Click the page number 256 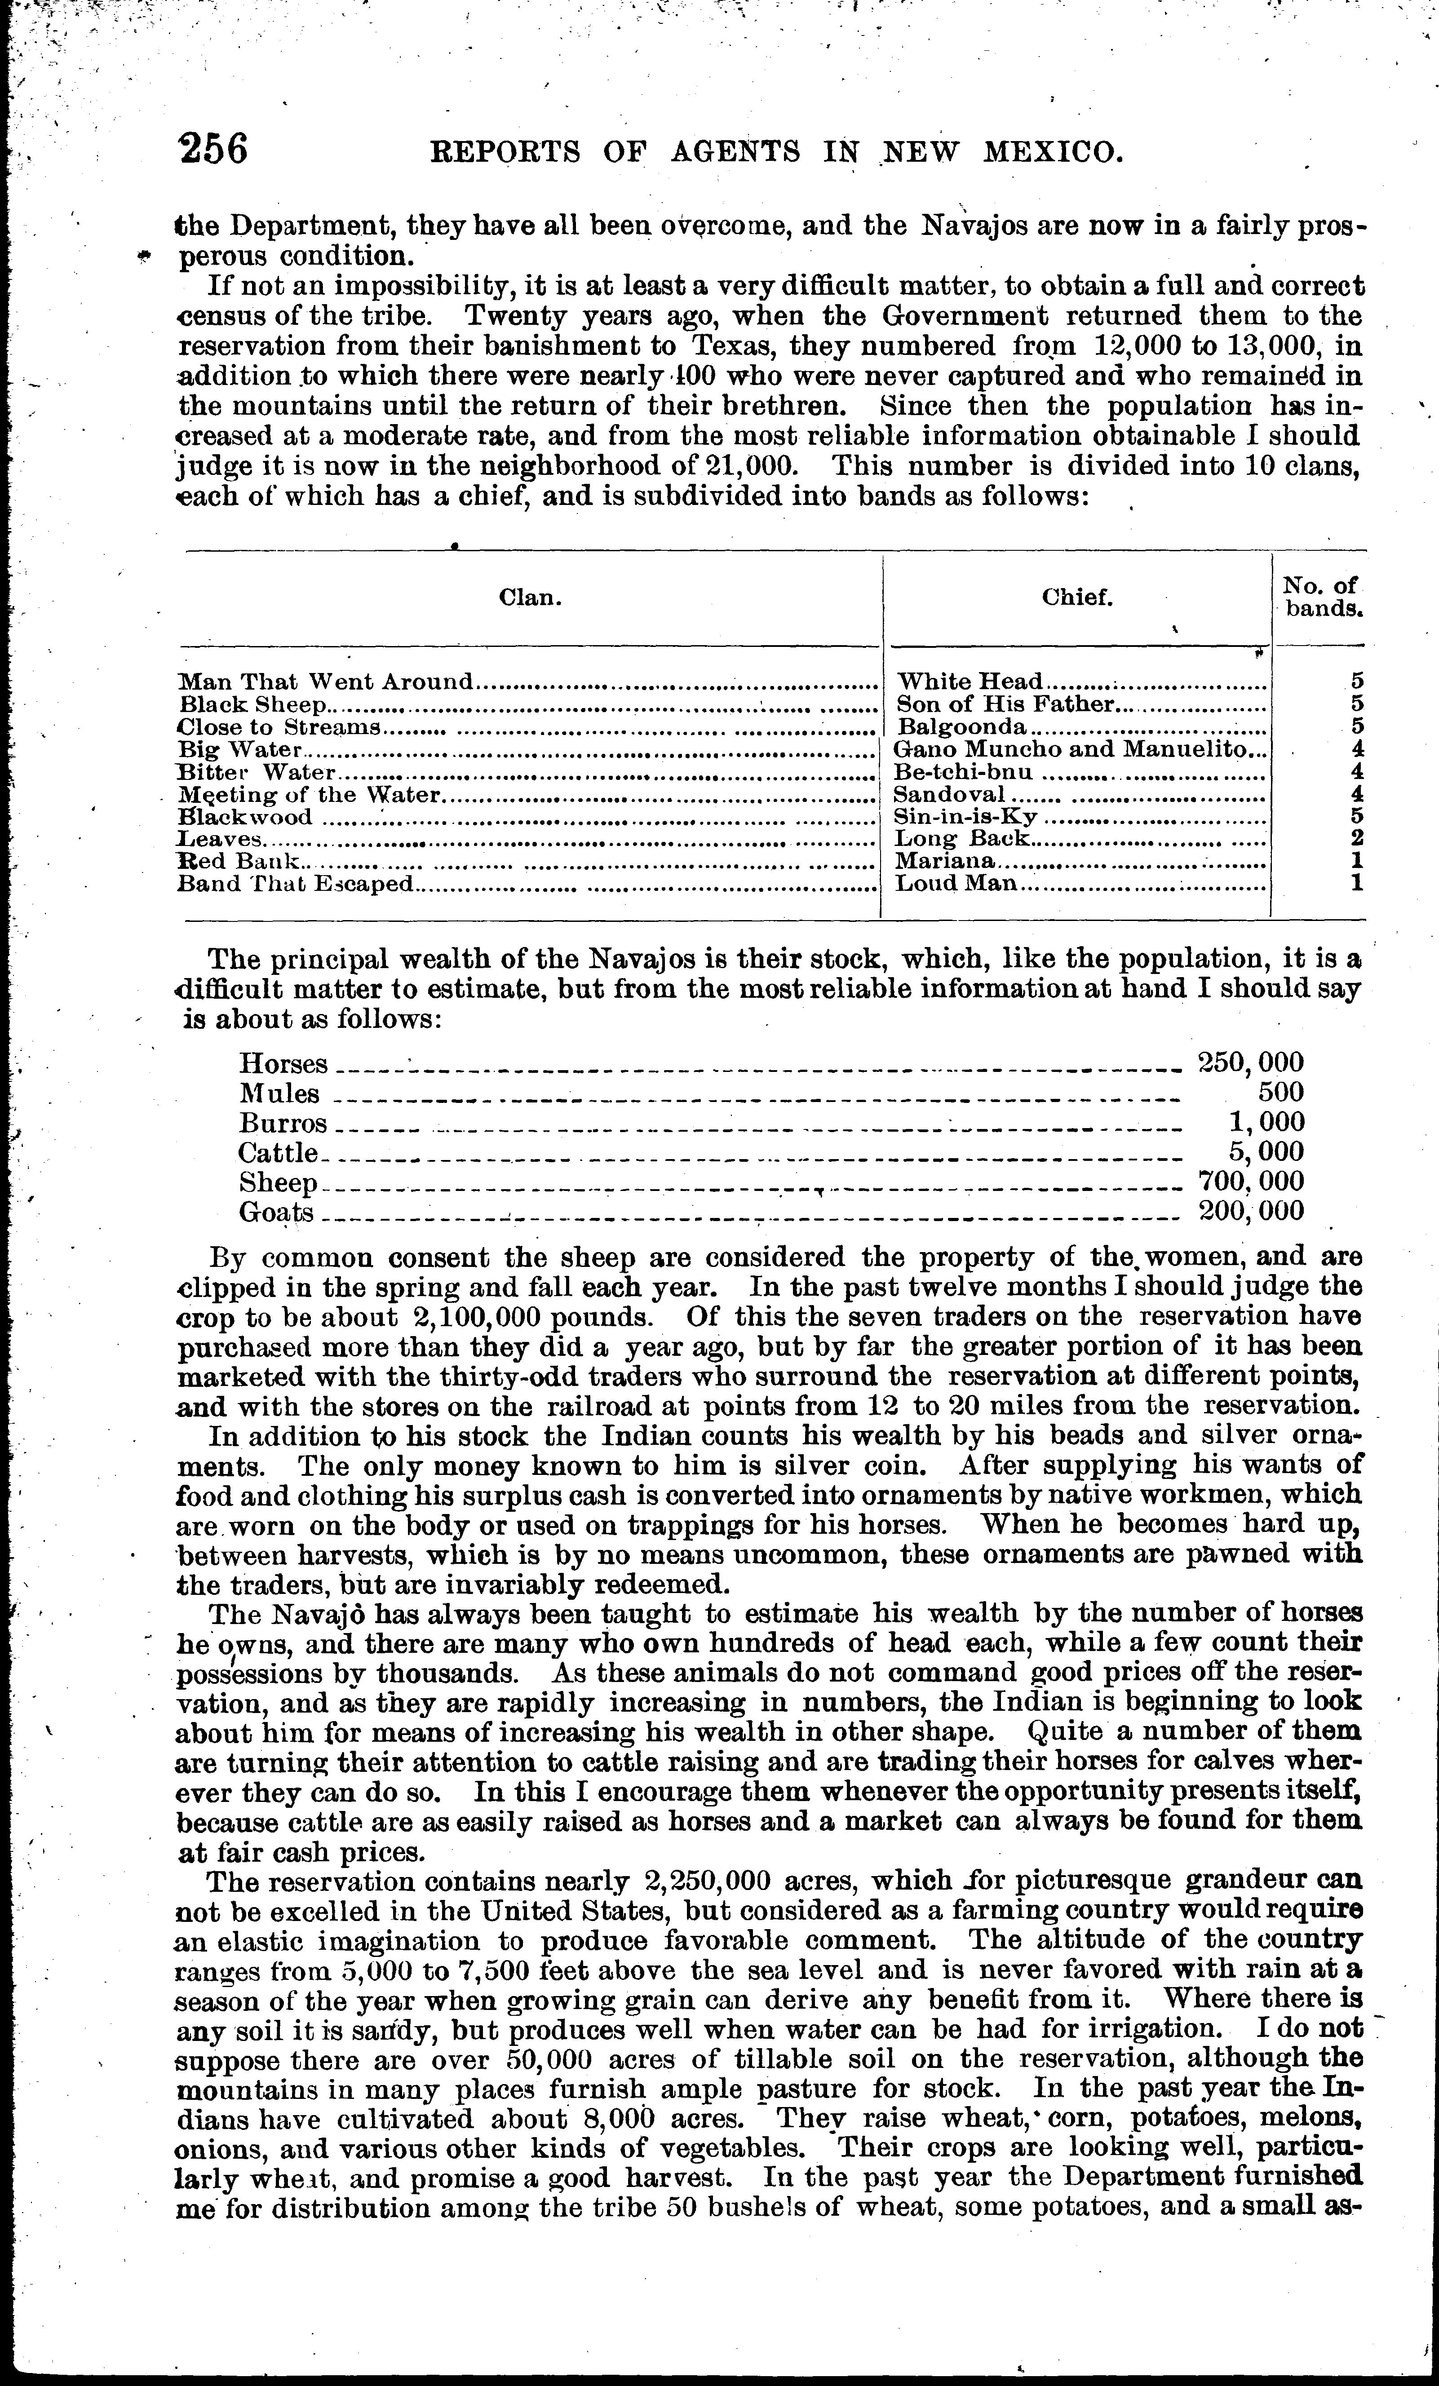tap(213, 149)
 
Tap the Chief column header tap(1077, 598)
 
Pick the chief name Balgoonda tap(961, 726)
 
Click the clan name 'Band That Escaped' tap(295, 883)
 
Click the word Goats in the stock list tap(277, 1213)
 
